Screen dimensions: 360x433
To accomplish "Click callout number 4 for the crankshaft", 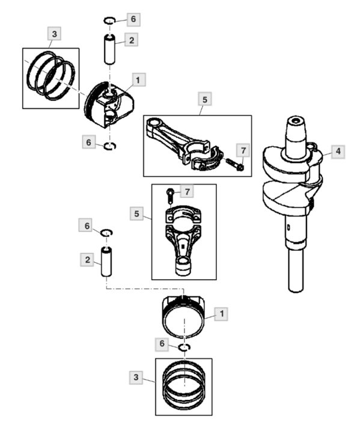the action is tap(338, 151).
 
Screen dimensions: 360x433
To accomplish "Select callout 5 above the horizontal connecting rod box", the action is tap(204, 99).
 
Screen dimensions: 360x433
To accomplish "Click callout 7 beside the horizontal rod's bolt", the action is tap(243, 150).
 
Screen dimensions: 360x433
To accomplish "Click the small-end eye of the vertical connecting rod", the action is tap(183, 266).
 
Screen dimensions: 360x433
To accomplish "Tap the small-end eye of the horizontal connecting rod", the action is tap(153, 124).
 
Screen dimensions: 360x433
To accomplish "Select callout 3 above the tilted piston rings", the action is tap(54, 34).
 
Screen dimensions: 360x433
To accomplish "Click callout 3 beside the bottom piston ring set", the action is tap(136, 377).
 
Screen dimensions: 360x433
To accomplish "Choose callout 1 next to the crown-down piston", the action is tap(221, 314).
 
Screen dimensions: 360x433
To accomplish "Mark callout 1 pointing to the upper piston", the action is tap(138, 80).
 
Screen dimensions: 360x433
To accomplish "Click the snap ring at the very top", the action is tap(109, 20).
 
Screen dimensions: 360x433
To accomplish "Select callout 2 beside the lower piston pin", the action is tap(88, 260).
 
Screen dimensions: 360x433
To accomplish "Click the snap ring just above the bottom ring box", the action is tap(185, 348).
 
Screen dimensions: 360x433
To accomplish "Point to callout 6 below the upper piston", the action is tap(88, 143).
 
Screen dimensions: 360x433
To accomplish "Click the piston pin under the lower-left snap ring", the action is tap(106, 262).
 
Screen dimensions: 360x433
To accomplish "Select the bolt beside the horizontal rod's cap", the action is tap(235, 164).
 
